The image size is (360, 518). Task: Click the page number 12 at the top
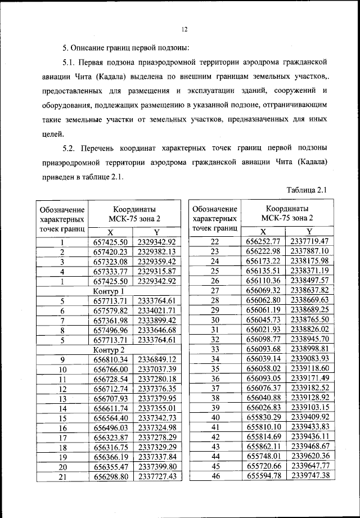click(184, 29)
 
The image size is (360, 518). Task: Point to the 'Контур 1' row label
click(109, 291)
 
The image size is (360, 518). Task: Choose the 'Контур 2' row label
click(109, 350)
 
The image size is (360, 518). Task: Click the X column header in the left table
click(110, 232)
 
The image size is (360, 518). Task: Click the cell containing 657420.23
click(111, 251)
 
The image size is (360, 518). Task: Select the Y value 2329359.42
click(157, 261)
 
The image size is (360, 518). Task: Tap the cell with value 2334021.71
click(157, 310)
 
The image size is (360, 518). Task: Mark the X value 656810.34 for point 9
click(111, 359)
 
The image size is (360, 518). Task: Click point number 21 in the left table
click(63, 476)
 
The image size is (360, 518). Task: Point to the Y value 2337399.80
click(157, 466)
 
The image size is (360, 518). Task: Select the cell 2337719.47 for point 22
click(309, 241)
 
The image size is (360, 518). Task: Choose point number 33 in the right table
click(214, 349)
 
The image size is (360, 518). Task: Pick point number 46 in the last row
click(214, 476)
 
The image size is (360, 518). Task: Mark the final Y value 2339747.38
click(309, 476)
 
